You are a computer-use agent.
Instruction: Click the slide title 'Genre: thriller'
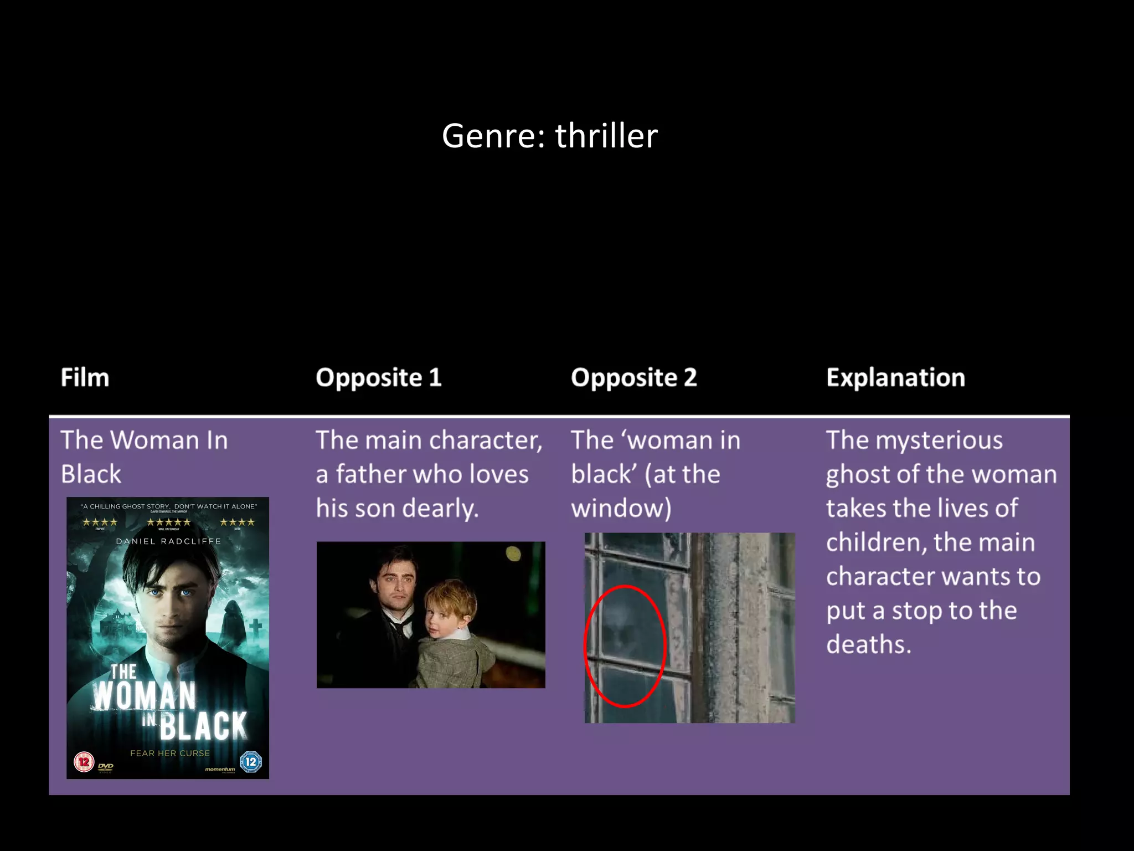point(549,136)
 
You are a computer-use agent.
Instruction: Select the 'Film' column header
point(85,378)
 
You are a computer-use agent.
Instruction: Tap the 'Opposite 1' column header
point(379,378)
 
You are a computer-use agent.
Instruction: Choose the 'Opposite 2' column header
point(633,378)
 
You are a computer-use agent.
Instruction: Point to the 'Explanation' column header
point(895,378)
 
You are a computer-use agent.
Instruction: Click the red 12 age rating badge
point(84,762)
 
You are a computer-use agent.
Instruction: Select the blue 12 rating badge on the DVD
point(251,761)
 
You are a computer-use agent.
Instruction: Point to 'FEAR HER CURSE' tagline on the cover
point(170,753)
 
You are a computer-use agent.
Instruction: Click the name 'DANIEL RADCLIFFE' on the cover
point(168,541)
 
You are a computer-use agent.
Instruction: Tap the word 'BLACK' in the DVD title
point(203,726)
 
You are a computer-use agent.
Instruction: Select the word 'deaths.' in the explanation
point(868,645)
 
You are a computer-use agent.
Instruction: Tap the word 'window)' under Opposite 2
point(621,509)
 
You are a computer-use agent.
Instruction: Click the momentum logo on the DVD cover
point(220,769)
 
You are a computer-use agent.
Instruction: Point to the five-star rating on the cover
point(168,522)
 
